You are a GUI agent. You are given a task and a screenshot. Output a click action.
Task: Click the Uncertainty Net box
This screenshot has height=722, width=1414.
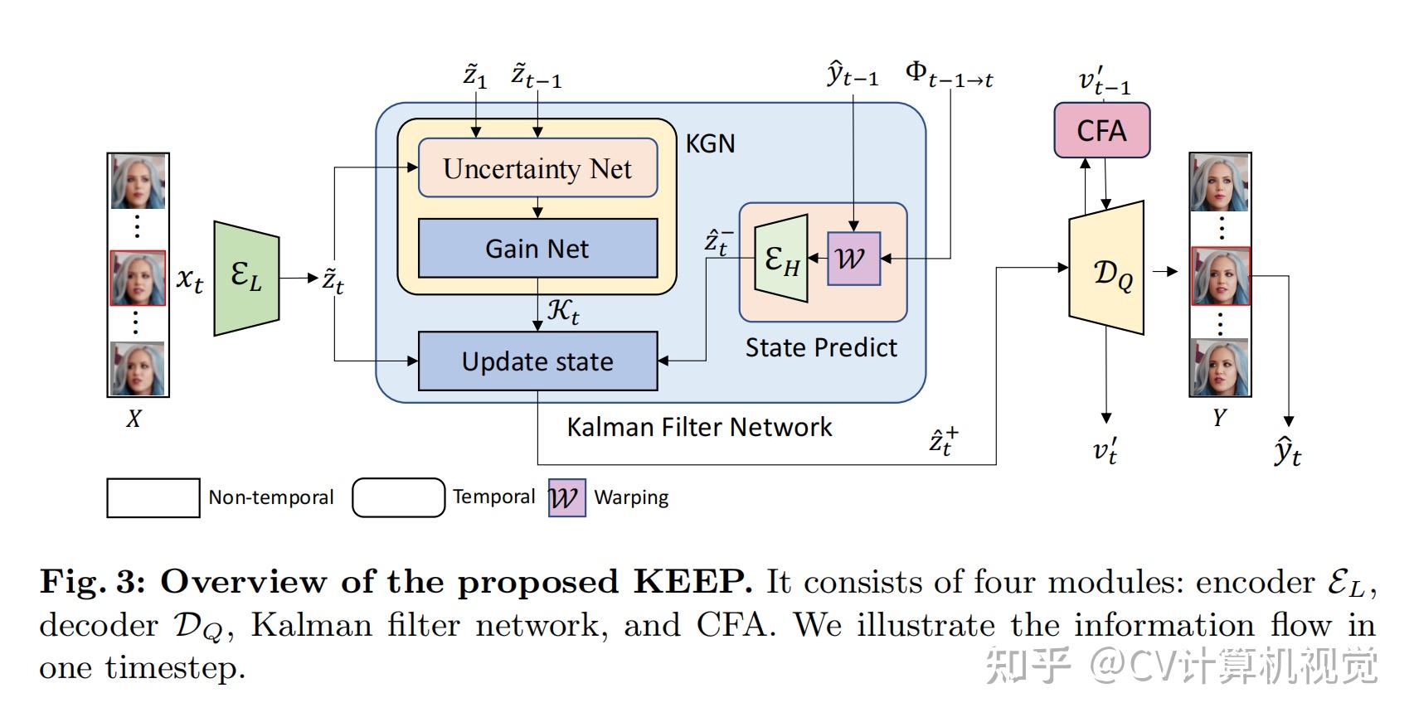[x=537, y=168]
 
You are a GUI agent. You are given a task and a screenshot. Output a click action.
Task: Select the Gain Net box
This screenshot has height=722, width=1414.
[x=537, y=248]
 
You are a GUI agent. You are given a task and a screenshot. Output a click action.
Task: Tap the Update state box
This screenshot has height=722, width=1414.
[x=537, y=361]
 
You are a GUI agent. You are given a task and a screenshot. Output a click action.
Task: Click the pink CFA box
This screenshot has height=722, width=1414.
[x=1101, y=130]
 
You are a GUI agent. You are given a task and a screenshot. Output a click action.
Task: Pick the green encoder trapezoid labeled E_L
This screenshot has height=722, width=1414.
[x=246, y=278]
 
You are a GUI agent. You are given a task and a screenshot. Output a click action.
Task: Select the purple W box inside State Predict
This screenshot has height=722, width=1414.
[x=853, y=259]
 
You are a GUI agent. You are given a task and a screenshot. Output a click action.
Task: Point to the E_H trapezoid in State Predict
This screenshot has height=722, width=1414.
[x=781, y=259]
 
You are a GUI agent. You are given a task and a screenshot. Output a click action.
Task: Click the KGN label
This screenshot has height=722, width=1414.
[x=710, y=143]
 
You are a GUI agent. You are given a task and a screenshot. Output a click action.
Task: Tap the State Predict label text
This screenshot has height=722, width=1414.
[x=820, y=347]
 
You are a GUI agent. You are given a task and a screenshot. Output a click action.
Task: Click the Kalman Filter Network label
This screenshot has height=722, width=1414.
[x=698, y=427]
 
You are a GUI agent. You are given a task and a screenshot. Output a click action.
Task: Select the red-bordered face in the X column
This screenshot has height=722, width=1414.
[x=138, y=279]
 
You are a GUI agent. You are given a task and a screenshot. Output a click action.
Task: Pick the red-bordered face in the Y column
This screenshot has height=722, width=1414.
[x=1220, y=276]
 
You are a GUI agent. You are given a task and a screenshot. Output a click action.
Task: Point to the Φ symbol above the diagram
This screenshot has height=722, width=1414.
[x=916, y=73]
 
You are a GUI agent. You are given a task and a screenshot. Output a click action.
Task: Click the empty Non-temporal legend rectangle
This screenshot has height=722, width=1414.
[x=153, y=497]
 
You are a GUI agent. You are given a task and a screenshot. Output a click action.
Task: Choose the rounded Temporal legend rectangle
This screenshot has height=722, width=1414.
[x=399, y=497]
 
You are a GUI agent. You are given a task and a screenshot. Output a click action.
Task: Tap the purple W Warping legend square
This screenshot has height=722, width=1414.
[x=566, y=498]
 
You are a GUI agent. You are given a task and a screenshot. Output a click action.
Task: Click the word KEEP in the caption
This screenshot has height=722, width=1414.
[x=692, y=582]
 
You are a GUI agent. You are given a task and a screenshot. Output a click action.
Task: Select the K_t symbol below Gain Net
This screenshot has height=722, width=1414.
[x=561, y=311]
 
